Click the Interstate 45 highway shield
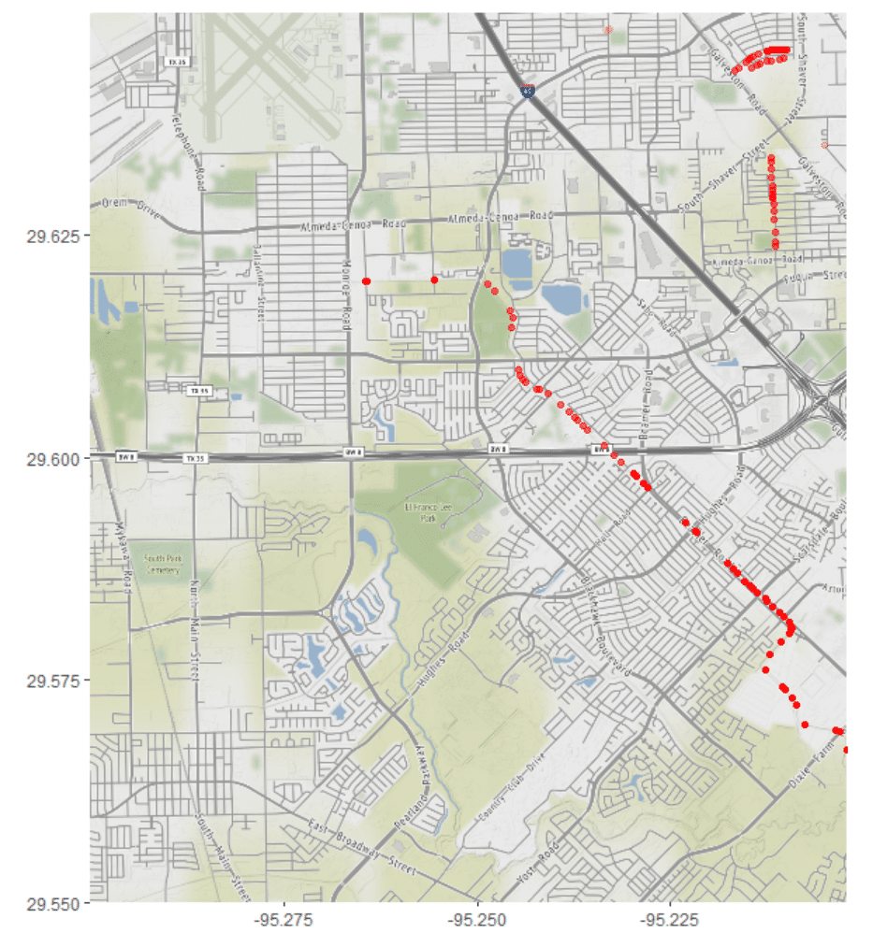530,92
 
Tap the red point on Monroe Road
367,281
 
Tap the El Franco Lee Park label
423,511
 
